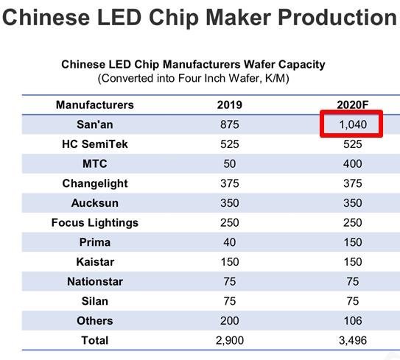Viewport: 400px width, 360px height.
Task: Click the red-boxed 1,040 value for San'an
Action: click(x=352, y=124)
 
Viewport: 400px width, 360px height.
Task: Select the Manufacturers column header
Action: click(x=94, y=105)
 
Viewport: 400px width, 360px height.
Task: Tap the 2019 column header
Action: click(x=229, y=105)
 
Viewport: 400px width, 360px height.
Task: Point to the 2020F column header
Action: click(x=352, y=105)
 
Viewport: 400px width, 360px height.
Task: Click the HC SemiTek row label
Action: click(x=94, y=144)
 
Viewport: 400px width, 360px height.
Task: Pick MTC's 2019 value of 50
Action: click(x=229, y=163)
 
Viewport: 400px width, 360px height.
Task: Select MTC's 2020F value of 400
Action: click(x=352, y=163)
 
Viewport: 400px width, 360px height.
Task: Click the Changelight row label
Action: click(x=94, y=183)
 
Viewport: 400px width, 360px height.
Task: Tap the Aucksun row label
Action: click(x=94, y=203)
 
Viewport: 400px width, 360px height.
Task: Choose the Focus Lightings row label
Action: click(x=94, y=222)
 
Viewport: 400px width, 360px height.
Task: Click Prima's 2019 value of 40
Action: click(x=229, y=242)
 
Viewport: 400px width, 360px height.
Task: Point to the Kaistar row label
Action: click(x=94, y=261)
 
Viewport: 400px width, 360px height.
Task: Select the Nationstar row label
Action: click(x=94, y=281)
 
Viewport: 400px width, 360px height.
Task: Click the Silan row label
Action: click(x=94, y=300)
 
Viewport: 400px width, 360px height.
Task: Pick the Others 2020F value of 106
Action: click(x=352, y=320)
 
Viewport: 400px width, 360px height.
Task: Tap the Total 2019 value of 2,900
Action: click(x=229, y=340)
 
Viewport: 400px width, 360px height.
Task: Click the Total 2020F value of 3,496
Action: click(x=352, y=340)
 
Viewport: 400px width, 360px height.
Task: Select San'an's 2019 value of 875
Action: click(x=229, y=124)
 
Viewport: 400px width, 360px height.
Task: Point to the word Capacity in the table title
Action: click(x=301, y=65)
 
